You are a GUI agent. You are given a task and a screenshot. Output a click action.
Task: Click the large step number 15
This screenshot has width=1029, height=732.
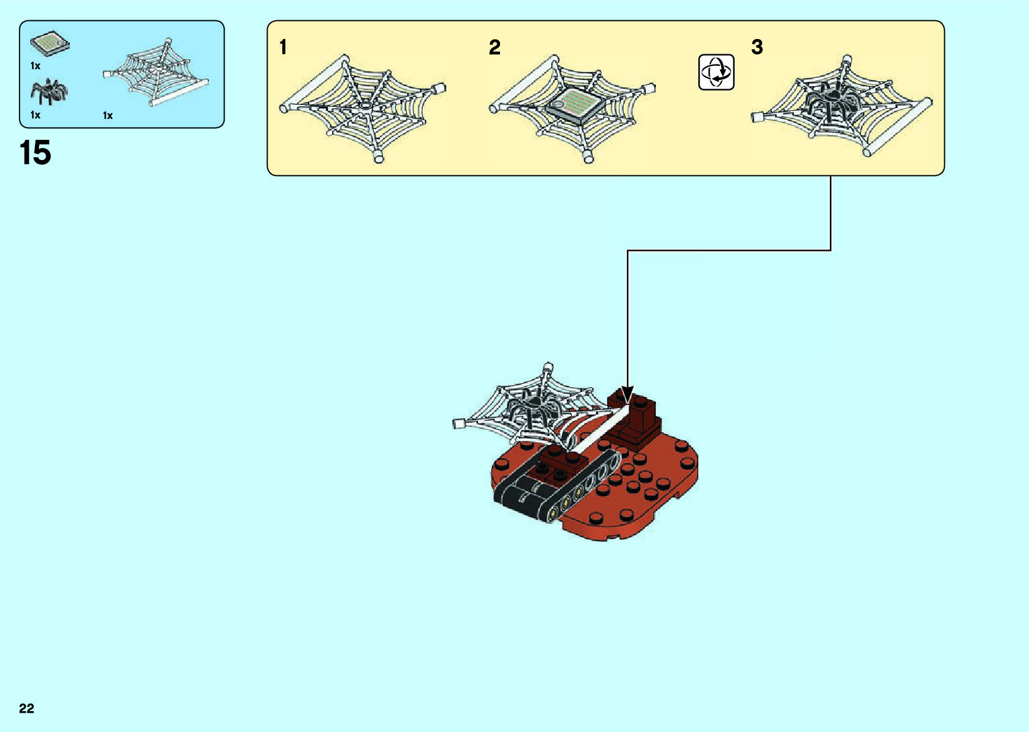click(36, 153)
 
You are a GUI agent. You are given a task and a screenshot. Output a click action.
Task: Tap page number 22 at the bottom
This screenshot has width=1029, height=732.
click(27, 708)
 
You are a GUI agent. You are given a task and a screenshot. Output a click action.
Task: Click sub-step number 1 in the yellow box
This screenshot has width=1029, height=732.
click(283, 47)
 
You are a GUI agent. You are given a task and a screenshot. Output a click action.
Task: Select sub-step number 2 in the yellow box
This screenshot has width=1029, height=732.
click(495, 48)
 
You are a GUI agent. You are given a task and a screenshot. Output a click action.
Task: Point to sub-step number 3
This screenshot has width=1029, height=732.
click(757, 47)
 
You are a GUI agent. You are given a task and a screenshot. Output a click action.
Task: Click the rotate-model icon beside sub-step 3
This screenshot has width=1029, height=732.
click(716, 72)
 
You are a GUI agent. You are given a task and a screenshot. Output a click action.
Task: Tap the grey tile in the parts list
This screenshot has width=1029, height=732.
click(50, 44)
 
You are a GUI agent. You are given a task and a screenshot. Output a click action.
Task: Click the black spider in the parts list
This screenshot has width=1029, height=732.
click(48, 91)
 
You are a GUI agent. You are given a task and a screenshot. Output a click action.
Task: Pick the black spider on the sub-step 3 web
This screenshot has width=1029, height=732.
click(833, 101)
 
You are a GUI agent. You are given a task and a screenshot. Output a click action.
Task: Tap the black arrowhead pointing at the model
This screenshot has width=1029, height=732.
click(627, 395)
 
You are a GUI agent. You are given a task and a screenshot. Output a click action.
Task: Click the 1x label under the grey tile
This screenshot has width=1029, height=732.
click(36, 66)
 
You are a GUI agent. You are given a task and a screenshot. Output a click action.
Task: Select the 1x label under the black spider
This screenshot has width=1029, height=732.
click(36, 115)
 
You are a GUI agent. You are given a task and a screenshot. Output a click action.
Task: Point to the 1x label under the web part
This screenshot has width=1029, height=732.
click(108, 116)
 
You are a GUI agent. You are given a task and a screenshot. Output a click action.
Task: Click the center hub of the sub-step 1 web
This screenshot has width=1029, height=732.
click(364, 106)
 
